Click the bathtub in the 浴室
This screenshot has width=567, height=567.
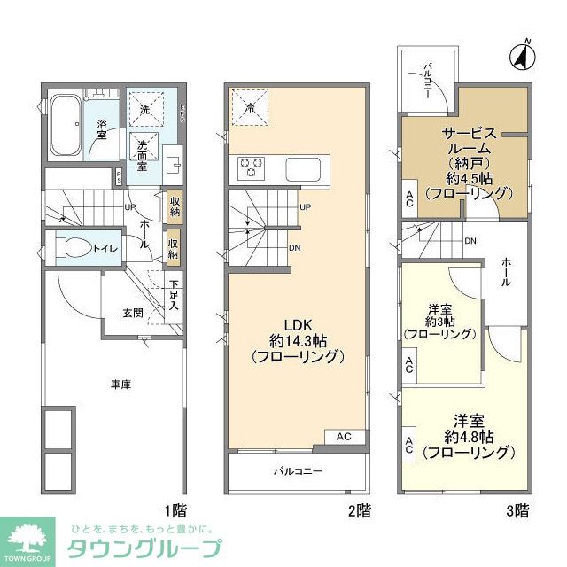pyautogui.click(x=68, y=118)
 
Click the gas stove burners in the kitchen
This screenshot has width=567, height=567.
pyautogui.click(x=249, y=165)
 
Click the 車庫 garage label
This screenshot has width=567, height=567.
pyautogui.click(x=122, y=384)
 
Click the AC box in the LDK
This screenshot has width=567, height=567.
pyautogui.click(x=344, y=436)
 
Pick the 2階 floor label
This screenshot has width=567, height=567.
pyautogui.click(x=359, y=510)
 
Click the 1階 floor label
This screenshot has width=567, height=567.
pyautogui.click(x=175, y=510)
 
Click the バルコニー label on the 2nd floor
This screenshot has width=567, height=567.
pyautogui.click(x=297, y=470)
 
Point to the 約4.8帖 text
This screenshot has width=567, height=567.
pyautogui.click(x=468, y=435)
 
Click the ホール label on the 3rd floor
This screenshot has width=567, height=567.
pyautogui.click(x=506, y=270)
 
